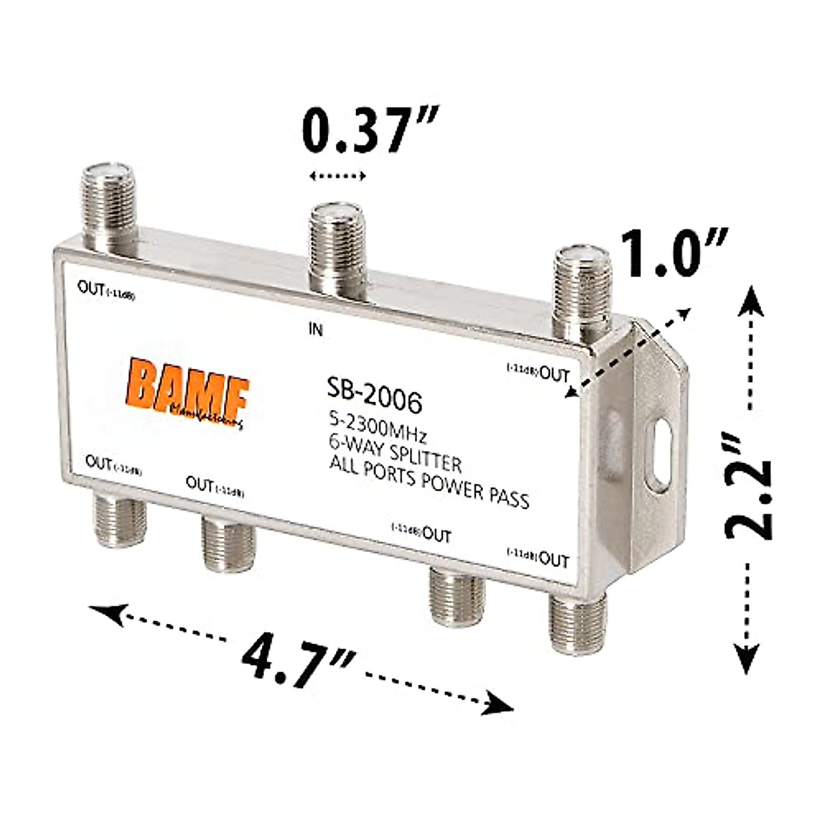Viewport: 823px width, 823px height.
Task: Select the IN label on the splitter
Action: pyautogui.click(x=315, y=330)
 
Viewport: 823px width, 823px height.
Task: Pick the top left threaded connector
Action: pyautogui.click(x=110, y=206)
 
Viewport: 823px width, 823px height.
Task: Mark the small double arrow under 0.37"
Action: pyautogui.click(x=337, y=176)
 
